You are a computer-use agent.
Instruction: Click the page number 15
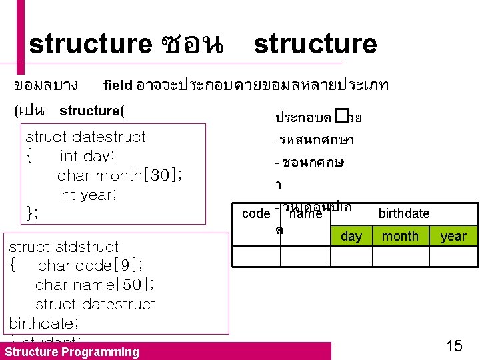(x=454, y=346)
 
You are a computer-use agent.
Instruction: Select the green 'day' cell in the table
(x=351, y=236)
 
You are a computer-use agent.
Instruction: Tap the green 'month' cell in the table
(x=400, y=236)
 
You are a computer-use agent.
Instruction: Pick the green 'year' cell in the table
(x=453, y=236)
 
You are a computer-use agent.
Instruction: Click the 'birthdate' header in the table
(x=403, y=213)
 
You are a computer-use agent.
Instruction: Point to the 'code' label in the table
(x=255, y=213)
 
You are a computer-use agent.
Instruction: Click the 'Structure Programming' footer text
(x=72, y=352)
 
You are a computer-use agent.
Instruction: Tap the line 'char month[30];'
(x=120, y=175)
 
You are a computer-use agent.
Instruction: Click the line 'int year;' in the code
(x=89, y=195)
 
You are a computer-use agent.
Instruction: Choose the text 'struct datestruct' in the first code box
(x=85, y=137)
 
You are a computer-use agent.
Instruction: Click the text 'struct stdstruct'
(x=63, y=247)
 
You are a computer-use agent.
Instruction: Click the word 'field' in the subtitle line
(x=118, y=85)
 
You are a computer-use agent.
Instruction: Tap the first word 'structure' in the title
(x=91, y=45)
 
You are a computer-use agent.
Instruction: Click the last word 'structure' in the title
(x=315, y=45)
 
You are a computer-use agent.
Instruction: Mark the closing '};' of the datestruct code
(x=31, y=213)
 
